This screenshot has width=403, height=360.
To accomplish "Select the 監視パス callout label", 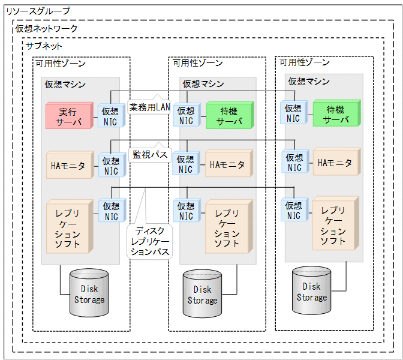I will point(149,154).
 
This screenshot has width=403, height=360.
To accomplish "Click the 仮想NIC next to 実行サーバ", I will point(111,116).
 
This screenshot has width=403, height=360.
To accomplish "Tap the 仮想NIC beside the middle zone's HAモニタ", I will point(186,164).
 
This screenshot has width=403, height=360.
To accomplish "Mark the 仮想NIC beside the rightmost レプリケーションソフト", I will point(294,211).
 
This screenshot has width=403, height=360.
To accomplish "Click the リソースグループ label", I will point(37,11).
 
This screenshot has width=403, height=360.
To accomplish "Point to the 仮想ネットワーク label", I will point(46,28).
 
